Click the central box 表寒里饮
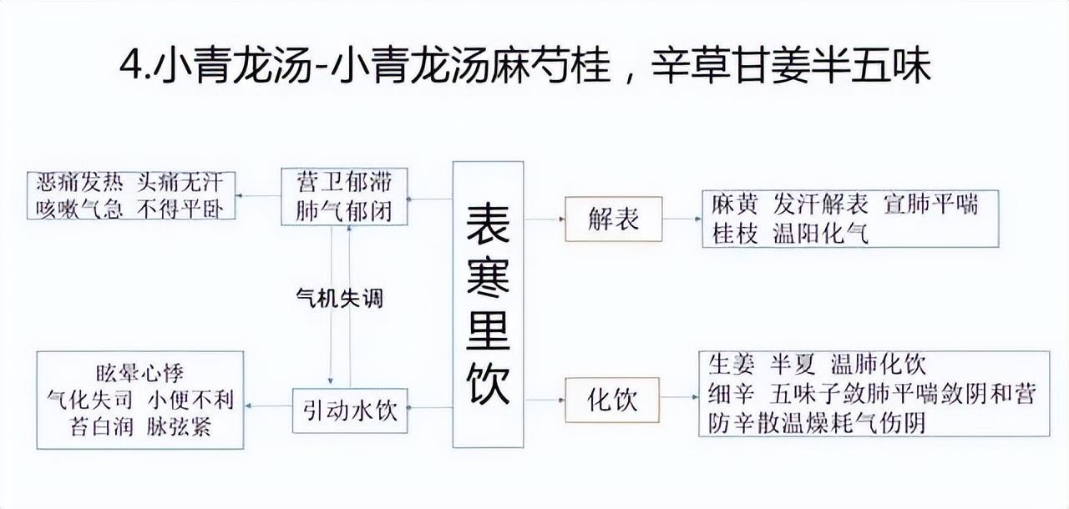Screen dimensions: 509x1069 pyautogui.click(x=488, y=304)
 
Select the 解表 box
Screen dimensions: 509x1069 pyautogui.click(x=613, y=219)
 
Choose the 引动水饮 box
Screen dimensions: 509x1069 pyautogui.click(x=350, y=410)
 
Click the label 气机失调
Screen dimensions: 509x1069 pyautogui.click(x=340, y=298)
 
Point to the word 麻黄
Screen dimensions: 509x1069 pyautogui.click(x=734, y=204)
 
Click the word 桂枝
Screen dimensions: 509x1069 pyautogui.click(x=734, y=234)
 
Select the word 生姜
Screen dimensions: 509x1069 pyautogui.click(x=732, y=365)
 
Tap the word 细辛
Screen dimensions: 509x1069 pyautogui.click(x=732, y=393)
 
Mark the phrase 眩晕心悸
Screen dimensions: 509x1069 pyautogui.click(x=139, y=373)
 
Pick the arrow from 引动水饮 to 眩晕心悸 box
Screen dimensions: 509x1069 pyautogui.click(x=268, y=406)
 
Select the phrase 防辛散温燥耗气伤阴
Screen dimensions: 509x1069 pyautogui.click(x=817, y=422)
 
